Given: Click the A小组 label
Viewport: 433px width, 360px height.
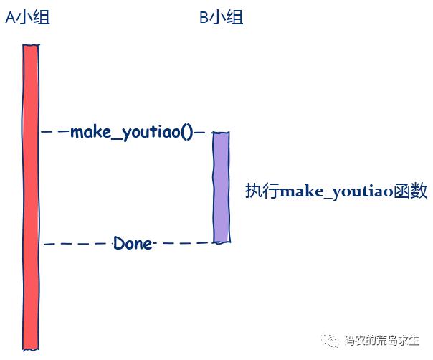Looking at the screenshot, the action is click(x=28, y=17).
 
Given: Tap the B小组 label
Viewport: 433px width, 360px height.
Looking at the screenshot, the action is click(x=222, y=17).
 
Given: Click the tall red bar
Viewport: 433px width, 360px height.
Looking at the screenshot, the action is click(x=31, y=197).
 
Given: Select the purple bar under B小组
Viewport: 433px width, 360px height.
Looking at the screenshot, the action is click(x=221, y=188).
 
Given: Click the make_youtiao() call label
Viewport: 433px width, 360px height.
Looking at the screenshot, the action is click(x=132, y=133).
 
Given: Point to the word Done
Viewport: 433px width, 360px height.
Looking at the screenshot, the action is click(x=133, y=243).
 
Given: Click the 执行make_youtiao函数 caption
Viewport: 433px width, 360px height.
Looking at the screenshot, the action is click(x=336, y=191).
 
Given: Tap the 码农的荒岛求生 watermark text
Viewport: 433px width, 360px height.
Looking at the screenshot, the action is click(x=381, y=341).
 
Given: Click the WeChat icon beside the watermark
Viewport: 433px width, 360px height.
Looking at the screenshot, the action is click(x=330, y=341).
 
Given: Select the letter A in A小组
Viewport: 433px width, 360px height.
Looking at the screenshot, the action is click(x=11, y=18).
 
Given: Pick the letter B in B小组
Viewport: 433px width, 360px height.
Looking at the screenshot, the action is click(x=204, y=18).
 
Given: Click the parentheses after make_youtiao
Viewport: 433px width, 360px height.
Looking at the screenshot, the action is click(x=187, y=133).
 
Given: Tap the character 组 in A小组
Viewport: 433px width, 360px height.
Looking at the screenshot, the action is click(x=42, y=17).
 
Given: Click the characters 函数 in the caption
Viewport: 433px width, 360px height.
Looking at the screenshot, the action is click(x=411, y=191).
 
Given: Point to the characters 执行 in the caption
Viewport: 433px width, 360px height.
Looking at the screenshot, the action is click(x=262, y=191).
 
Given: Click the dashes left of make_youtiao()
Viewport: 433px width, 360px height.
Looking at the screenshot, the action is click(x=54, y=132).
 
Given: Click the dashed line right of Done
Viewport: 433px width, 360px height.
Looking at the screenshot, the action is click(x=183, y=243).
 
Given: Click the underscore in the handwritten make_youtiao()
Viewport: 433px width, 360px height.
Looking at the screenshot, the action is click(x=117, y=138).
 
